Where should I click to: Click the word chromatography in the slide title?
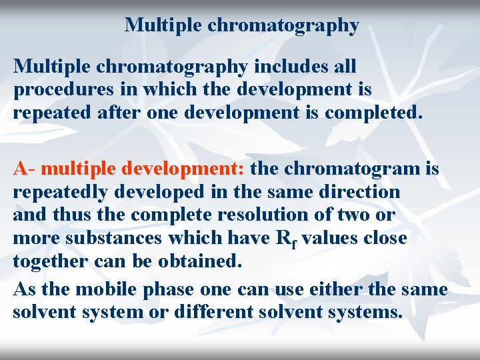[283, 26]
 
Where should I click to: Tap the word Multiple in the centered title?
[163, 25]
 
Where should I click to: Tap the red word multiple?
[80, 169]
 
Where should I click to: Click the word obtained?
[199, 261]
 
